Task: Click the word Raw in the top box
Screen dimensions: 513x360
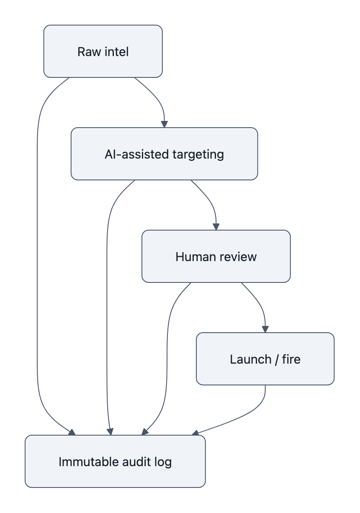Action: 86,51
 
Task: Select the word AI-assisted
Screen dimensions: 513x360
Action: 131,154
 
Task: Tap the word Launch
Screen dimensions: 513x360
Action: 250,359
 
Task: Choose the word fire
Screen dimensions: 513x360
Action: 291,359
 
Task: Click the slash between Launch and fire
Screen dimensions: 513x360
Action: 277,359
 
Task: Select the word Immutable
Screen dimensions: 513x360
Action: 87,462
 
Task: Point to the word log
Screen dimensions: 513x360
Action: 163,462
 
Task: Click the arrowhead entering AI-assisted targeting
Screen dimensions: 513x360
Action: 165,124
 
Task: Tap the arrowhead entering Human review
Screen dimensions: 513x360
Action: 216,227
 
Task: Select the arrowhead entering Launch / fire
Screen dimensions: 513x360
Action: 265,329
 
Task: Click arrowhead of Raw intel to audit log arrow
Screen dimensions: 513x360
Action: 72,432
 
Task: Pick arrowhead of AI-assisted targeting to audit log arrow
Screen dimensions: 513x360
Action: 111,432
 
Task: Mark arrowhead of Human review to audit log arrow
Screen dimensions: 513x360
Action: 145,432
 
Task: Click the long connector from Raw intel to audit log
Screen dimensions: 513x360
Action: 37,251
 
